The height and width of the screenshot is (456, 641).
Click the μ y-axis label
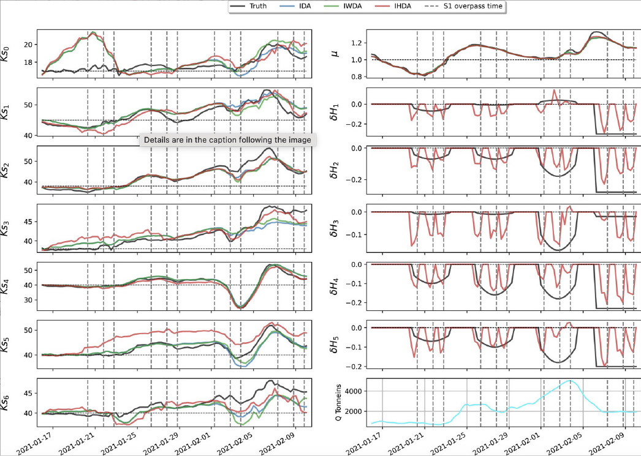tap(333, 54)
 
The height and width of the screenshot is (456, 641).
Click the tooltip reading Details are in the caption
tap(226, 140)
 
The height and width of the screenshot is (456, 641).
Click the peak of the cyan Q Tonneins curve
tap(571, 380)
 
